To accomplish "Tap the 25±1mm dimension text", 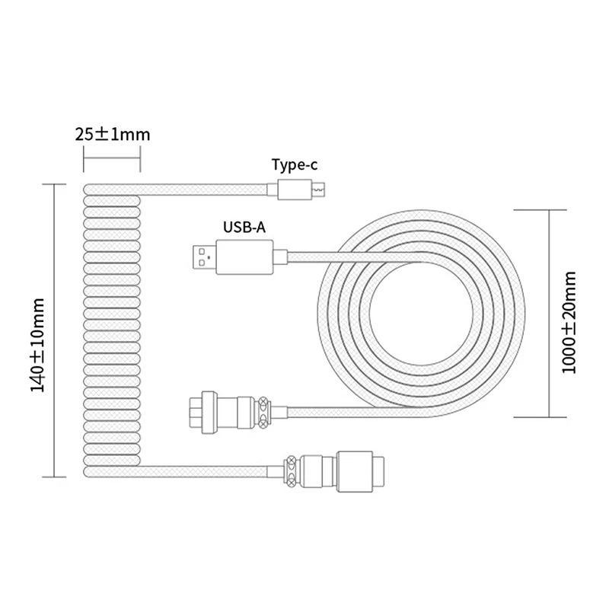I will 112,135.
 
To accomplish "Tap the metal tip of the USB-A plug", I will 200,255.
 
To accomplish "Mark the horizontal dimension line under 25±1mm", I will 111,158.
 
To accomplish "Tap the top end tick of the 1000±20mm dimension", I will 547,206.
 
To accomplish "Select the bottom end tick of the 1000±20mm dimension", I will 547,417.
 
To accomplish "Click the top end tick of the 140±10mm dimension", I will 56,183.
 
